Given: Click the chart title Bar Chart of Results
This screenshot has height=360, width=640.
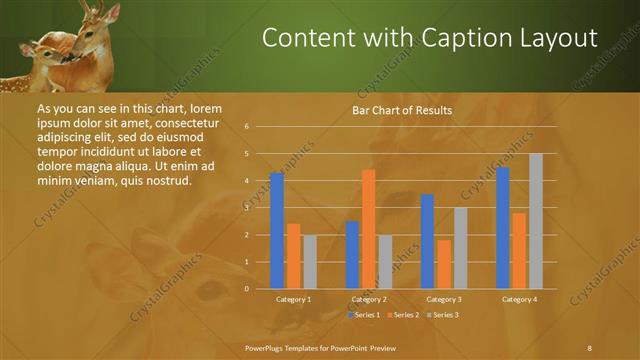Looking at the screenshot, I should click(x=401, y=110).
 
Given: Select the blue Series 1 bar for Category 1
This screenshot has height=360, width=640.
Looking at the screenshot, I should click(x=277, y=231).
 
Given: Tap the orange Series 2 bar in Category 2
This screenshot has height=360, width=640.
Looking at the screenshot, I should click(x=368, y=229).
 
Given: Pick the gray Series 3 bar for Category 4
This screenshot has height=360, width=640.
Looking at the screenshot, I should click(x=536, y=221).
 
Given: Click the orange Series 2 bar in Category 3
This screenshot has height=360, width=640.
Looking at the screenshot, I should click(x=444, y=264).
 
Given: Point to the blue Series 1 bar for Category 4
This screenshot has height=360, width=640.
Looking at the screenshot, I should click(x=503, y=228).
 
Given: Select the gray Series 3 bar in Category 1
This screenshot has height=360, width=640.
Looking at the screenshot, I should click(x=310, y=262).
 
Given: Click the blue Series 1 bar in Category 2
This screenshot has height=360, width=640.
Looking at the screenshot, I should click(x=352, y=255).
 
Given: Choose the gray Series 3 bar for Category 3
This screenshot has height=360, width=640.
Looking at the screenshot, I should click(x=460, y=248).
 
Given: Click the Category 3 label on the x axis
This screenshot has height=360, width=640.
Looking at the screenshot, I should click(x=443, y=299).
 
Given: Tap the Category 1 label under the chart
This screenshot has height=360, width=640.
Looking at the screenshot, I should click(x=293, y=299).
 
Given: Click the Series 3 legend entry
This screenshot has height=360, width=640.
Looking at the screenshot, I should click(x=444, y=315).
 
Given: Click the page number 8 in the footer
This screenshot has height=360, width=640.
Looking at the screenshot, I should click(x=589, y=347).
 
